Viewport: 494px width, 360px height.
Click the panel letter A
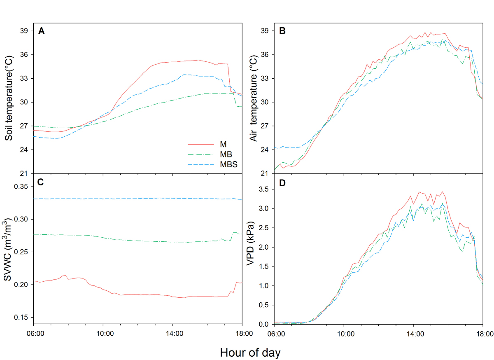click(x=41, y=30)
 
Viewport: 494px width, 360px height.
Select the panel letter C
click(x=41, y=183)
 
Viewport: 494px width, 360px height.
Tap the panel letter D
click(x=282, y=183)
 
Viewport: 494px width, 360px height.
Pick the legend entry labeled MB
click(x=225, y=154)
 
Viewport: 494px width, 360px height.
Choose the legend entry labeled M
click(x=223, y=144)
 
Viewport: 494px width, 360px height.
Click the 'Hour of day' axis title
click(x=250, y=353)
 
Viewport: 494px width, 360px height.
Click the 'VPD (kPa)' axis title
click(x=250, y=248)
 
